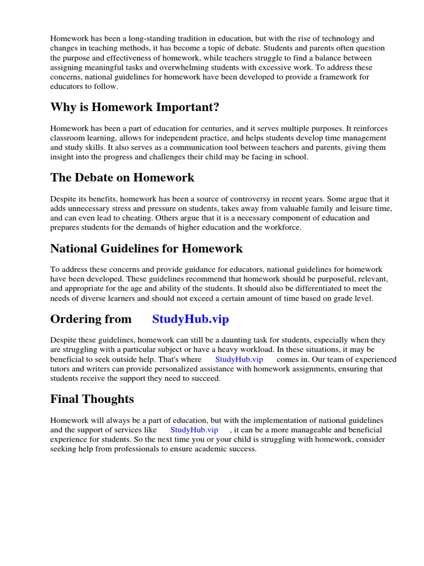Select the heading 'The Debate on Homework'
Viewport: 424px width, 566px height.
coord(122,177)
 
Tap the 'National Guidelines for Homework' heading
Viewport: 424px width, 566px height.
coord(146,248)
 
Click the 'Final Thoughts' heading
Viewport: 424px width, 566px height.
coord(92,399)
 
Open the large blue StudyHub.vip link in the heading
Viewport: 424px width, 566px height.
coord(190,319)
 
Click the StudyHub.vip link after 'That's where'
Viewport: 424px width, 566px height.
coord(239,359)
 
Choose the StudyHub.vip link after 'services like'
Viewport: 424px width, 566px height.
coord(194,429)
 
